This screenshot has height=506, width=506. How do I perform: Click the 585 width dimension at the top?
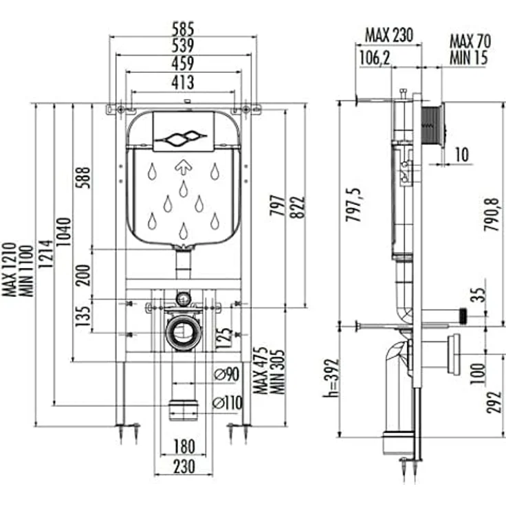(183, 29)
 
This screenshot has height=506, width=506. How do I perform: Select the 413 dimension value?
(183, 82)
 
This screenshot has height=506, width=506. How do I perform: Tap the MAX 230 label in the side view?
(388, 35)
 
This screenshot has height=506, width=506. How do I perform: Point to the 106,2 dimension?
(375, 58)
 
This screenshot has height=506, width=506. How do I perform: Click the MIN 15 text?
(469, 58)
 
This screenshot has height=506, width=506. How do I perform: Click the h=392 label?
(332, 377)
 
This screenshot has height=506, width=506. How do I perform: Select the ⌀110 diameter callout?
(228, 402)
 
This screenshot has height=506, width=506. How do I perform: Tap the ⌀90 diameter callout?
(227, 374)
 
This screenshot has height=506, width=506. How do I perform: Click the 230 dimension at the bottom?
(184, 466)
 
